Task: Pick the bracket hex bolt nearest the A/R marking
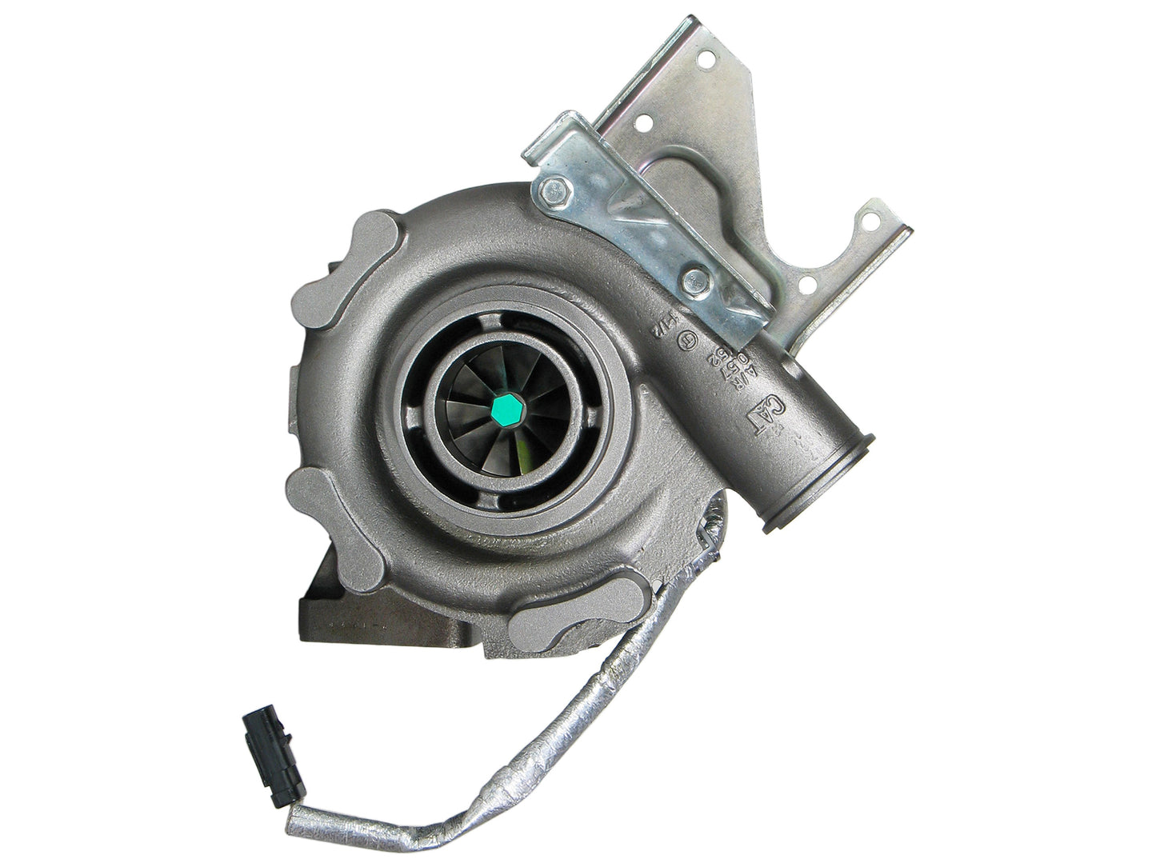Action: pyautogui.click(x=692, y=279)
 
